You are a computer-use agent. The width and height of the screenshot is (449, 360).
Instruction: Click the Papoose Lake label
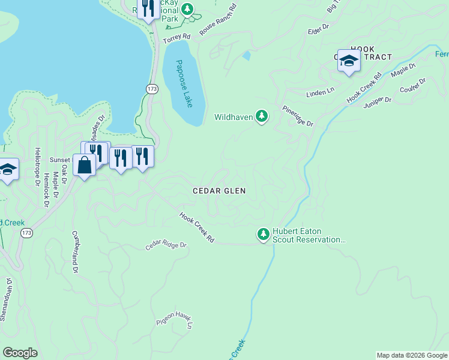tap(185, 83)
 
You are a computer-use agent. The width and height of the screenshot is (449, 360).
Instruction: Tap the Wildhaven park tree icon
tap(261, 116)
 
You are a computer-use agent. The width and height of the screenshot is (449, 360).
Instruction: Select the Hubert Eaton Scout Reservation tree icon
tap(263, 234)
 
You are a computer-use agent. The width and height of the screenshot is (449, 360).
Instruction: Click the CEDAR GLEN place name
tap(219, 190)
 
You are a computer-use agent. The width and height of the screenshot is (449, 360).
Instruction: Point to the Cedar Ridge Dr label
tap(166, 246)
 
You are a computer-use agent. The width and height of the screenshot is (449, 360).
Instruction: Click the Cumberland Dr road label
tap(75, 252)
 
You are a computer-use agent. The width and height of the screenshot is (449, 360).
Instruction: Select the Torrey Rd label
tap(178, 37)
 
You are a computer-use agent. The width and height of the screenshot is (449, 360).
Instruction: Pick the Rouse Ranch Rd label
tap(218, 21)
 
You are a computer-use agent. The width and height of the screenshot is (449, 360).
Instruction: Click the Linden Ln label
tap(319, 92)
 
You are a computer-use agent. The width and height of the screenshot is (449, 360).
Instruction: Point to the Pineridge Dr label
tap(298, 116)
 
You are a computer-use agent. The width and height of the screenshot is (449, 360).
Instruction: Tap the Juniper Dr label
tap(377, 103)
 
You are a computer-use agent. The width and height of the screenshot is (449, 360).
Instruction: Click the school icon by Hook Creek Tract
tap(349, 61)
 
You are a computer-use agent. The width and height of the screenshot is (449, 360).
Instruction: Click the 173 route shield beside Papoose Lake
tap(152, 89)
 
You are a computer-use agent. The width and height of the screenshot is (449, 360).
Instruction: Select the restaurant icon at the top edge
tap(147, 9)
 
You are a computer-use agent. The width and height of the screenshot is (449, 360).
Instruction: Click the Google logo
tap(20, 353)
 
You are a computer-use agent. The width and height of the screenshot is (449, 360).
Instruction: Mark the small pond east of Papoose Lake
tap(247, 56)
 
